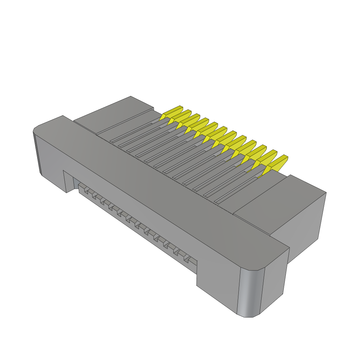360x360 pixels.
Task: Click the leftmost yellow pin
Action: point(172,112)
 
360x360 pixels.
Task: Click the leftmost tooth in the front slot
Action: point(85,191)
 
